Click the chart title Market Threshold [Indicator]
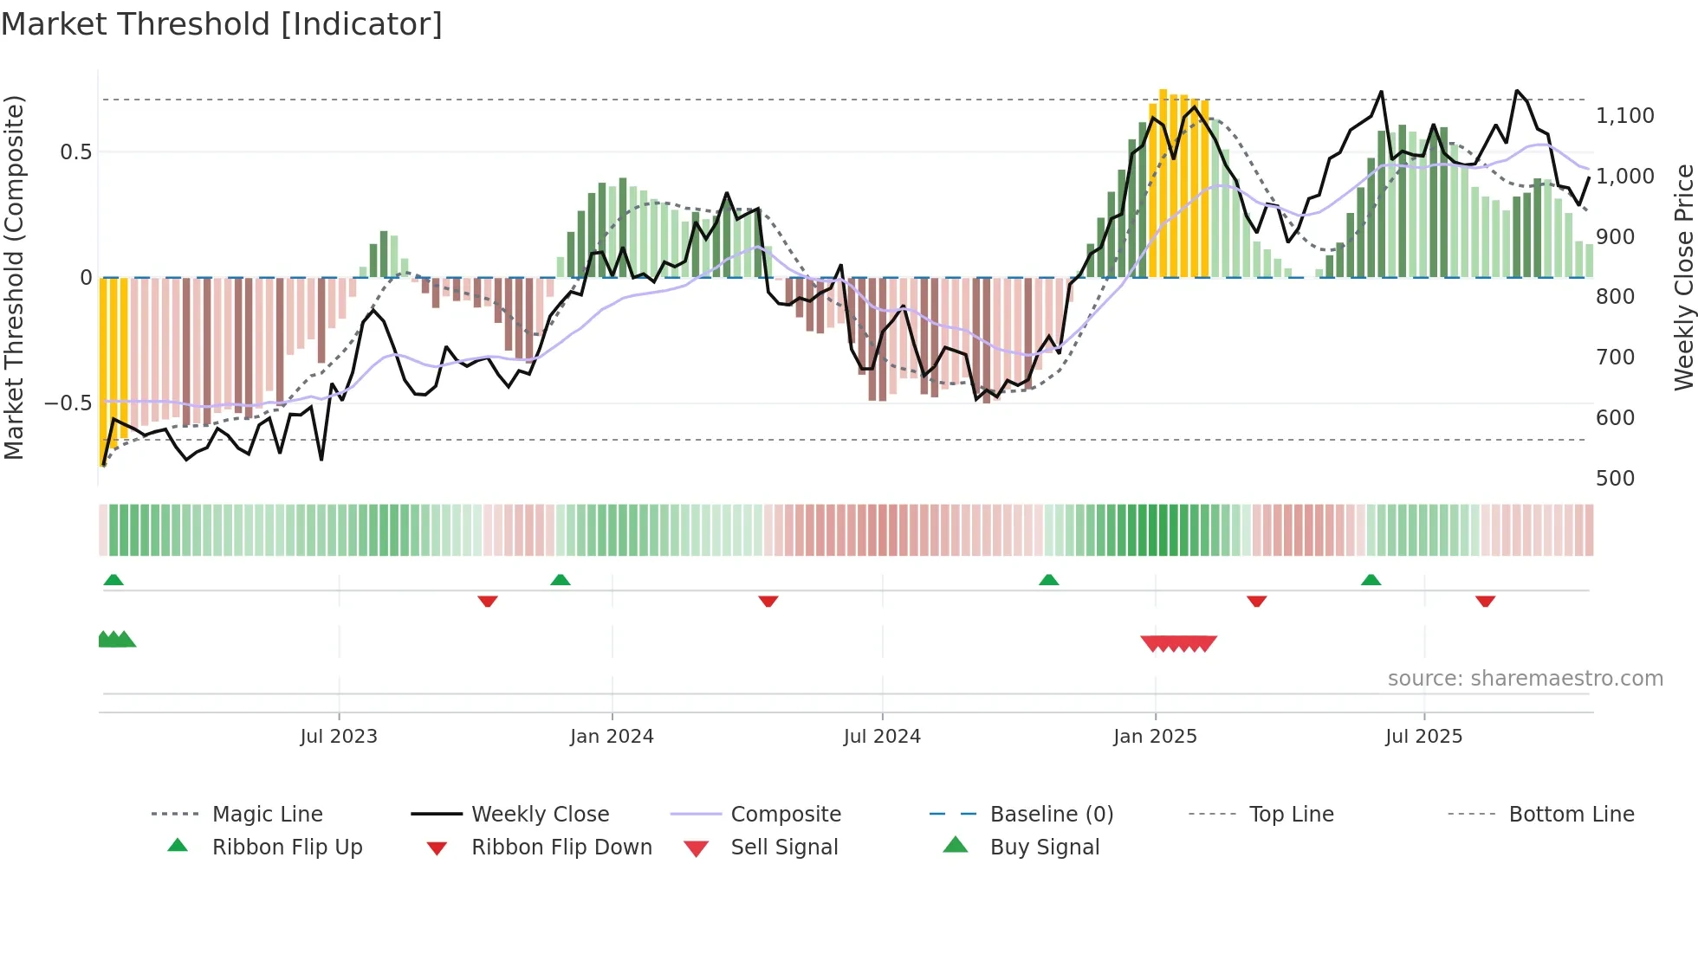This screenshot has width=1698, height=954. [222, 24]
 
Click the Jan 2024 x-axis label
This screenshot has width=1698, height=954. [612, 736]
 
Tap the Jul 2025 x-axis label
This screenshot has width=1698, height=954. [1423, 736]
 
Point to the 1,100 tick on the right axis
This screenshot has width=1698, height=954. [1624, 115]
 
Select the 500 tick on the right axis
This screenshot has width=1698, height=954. [1615, 478]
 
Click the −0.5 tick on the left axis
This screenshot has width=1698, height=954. [68, 403]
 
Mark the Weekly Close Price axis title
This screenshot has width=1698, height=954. [1683, 277]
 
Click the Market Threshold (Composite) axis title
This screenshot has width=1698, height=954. [14, 277]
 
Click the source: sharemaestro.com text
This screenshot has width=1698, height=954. [1525, 678]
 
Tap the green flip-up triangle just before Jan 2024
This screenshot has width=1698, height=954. [561, 579]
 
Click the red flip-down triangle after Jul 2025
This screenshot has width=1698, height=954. [1485, 601]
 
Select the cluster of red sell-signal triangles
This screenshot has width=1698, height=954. [1179, 643]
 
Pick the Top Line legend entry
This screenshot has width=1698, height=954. [1291, 814]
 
